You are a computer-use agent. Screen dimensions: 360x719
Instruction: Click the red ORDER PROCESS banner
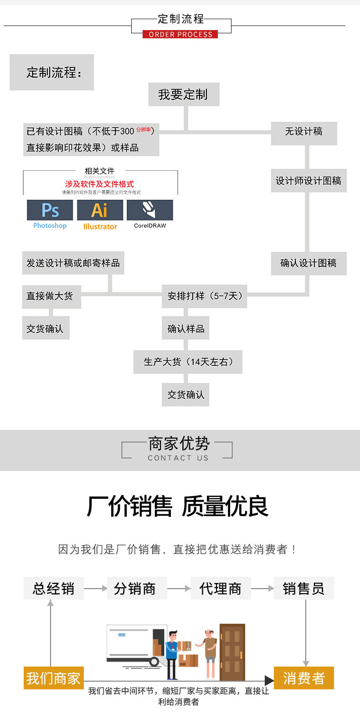pyautogui.click(x=180, y=34)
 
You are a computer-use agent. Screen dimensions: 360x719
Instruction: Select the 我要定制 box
pyautogui.click(x=184, y=94)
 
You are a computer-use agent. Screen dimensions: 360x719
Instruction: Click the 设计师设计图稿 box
pyautogui.click(x=309, y=181)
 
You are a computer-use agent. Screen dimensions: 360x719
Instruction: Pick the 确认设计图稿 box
pyautogui.click(x=309, y=263)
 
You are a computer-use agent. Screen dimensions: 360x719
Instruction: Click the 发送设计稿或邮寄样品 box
pyautogui.click(x=73, y=263)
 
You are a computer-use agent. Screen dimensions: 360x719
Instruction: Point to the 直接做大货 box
pyautogui.click(x=51, y=296)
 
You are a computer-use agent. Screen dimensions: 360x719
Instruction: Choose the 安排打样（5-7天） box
pyautogui.click(x=204, y=296)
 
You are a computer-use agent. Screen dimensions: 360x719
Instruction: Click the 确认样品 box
pyautogui.click(x=185, y=329)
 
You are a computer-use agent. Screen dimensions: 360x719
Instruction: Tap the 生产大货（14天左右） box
pyautogui.click(x=188, y=362)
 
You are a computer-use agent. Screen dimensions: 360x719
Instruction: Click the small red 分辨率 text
pyautogui.click(x=143, y=130)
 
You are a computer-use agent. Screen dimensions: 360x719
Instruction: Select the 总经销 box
pyautogui.click(x=54, y=588)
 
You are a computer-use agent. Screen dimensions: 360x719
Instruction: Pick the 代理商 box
pyautogui.click(x=221, y=588)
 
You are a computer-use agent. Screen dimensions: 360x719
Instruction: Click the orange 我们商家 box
pyautogui.click(x=53, y=678)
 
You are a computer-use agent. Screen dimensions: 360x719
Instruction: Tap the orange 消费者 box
pyautogui.click(x=303, y=678)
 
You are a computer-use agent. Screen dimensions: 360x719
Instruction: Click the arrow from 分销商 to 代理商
pyautogui.click(x=179, y=589)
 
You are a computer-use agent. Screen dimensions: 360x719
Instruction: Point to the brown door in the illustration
pyautogui.click(x=232, y=652)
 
